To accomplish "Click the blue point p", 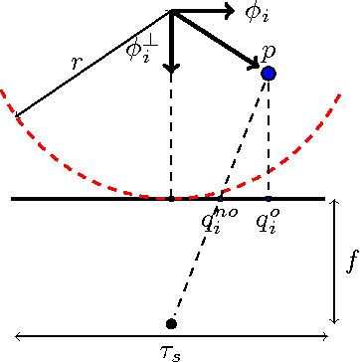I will coord(268,74).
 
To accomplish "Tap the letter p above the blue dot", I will coord(268,51).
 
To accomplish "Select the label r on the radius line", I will coord(77,63).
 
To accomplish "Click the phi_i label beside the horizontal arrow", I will coord(257,13).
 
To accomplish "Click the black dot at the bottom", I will coord(171,324).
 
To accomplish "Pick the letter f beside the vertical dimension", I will coord(350,263).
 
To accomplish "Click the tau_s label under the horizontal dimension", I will coord(171,351).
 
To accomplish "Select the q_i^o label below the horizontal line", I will coord(267,218).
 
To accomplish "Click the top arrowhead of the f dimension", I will coord(335,202).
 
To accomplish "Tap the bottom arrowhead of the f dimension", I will coord(335,320).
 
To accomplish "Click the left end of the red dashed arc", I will coord(3,88).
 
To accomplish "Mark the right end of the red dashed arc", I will coord(342,92).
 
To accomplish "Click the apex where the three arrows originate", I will coord(173,12).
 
